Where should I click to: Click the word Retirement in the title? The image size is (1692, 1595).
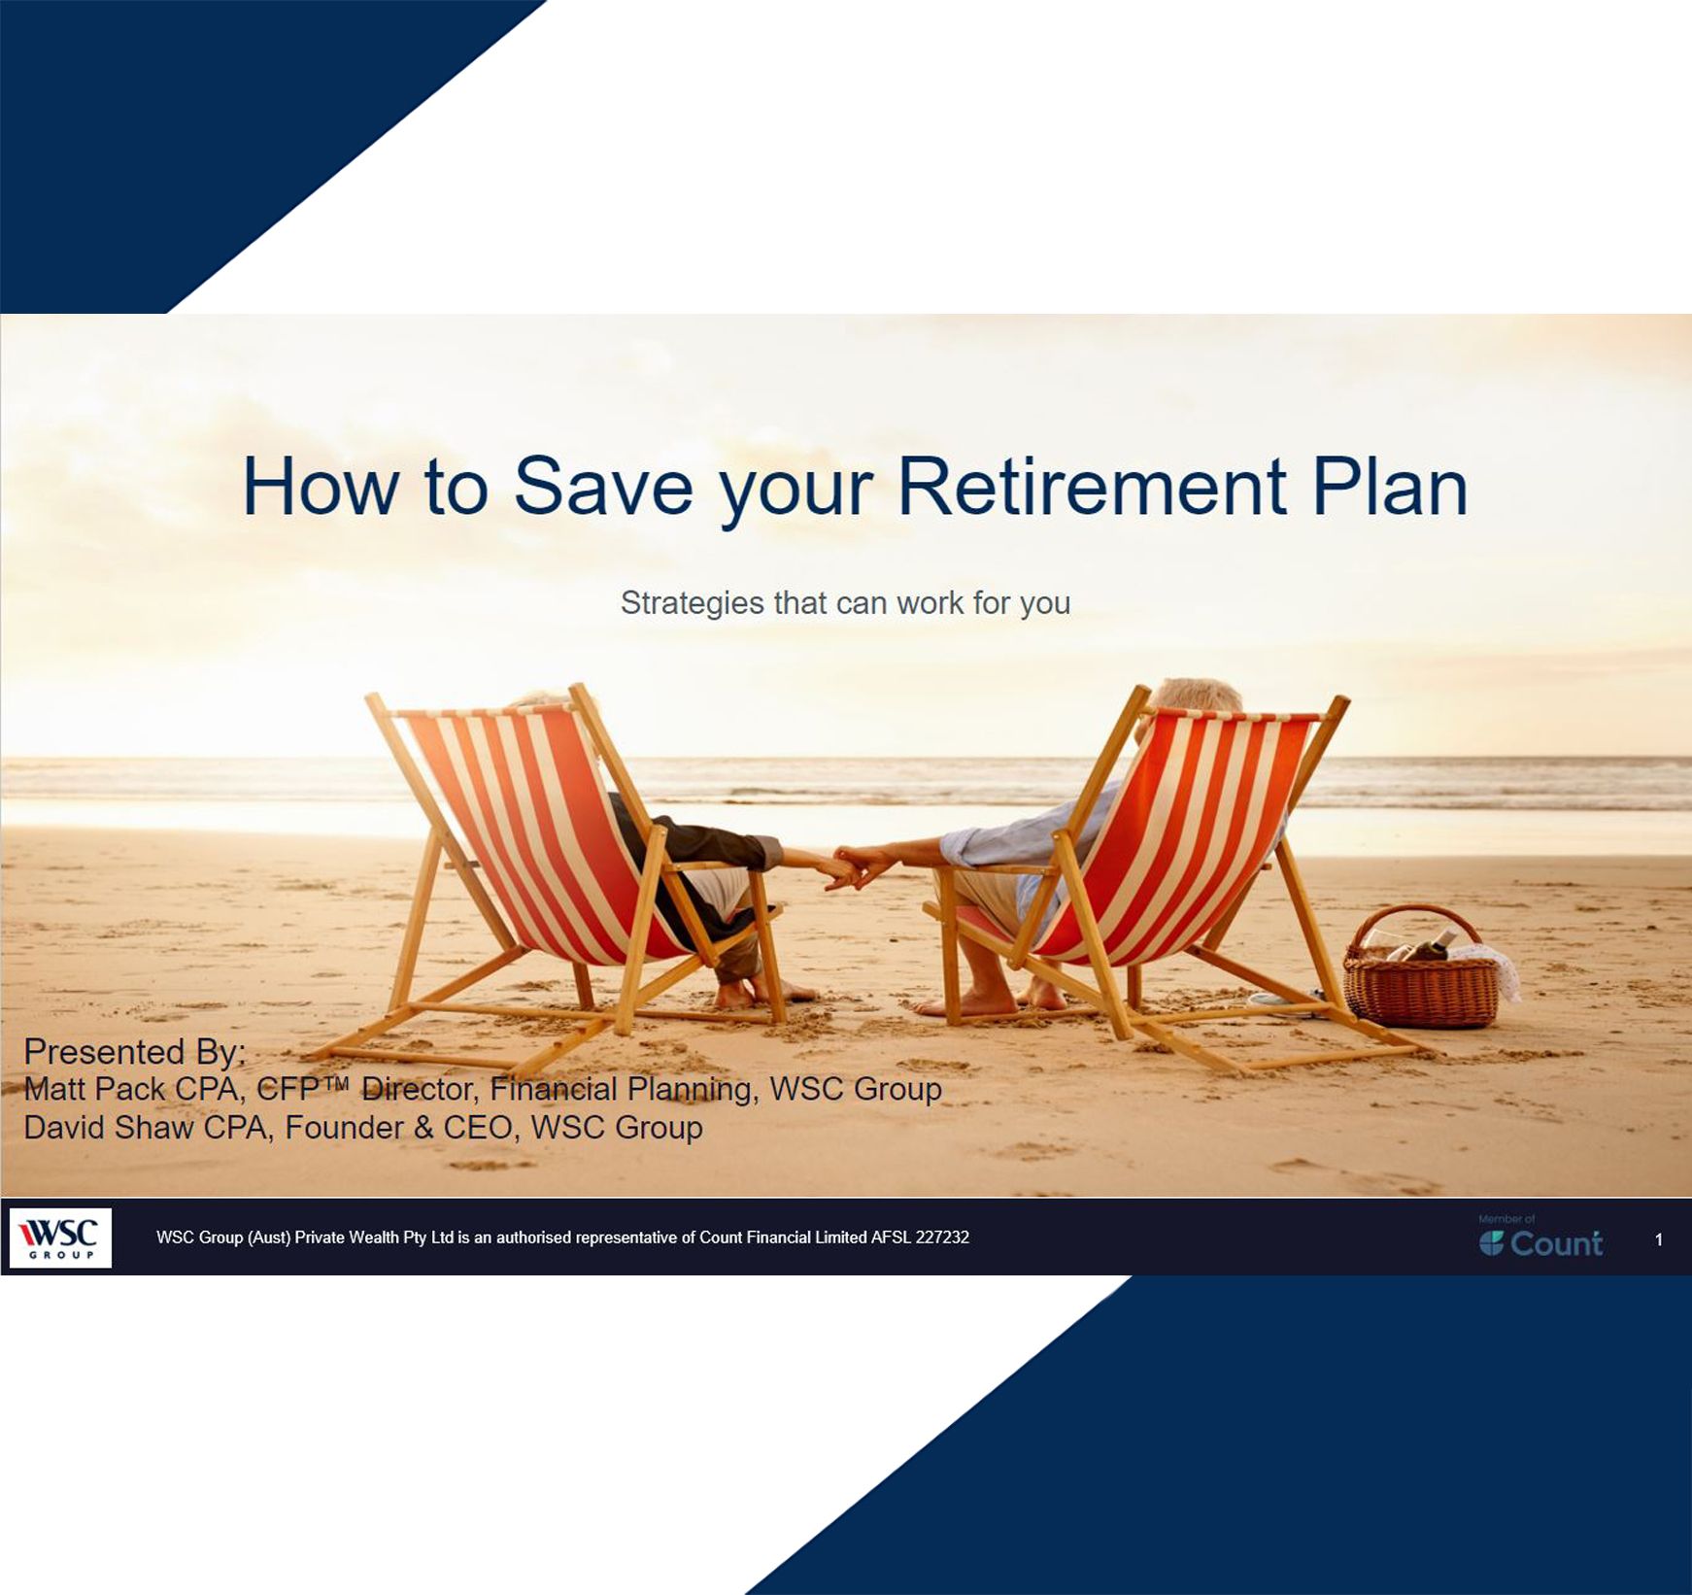coord(1092,487)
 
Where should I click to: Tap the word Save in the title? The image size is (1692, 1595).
coord(602,487)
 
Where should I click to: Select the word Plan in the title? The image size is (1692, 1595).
coord(1389,487)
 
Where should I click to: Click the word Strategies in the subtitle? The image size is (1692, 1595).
coord(692,603)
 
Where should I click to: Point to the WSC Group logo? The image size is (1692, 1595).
coord(60,1238)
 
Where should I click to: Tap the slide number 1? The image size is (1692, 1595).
coord(1658,1239)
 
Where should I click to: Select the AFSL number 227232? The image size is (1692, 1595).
coord(941,1238)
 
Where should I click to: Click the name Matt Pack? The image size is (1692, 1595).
coord(93,1089)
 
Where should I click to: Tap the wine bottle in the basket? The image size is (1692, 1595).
coord(1433,944)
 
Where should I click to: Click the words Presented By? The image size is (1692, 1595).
coord(134,1051)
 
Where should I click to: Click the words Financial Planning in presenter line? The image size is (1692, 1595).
coord(622,1089)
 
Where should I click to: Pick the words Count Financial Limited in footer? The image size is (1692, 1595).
coord(783,1238)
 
